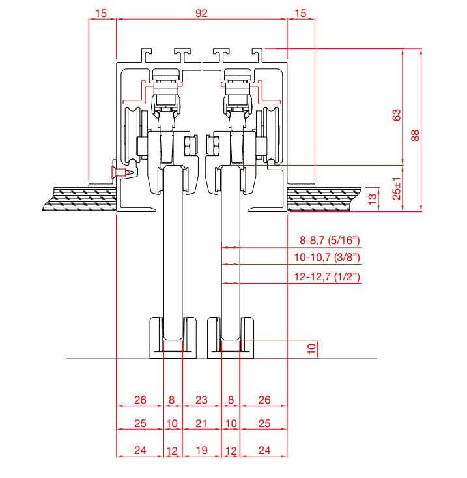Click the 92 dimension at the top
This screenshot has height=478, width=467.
point(201,13)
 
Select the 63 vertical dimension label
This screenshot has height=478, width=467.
point(396,114)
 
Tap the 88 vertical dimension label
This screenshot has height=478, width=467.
point(415,135)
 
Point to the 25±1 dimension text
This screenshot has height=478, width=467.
point(396,188)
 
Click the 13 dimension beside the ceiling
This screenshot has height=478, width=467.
point(373,199)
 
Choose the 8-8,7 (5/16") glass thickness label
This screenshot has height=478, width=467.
point(326,241)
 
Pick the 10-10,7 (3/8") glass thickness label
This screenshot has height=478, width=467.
point(326,258)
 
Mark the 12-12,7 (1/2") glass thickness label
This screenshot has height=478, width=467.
point(326,277)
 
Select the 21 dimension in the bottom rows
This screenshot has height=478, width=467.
point(201,423)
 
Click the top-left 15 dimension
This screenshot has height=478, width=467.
point(101,13)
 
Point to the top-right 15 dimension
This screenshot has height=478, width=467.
point(300,13)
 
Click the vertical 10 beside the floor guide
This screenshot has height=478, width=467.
point(311,348)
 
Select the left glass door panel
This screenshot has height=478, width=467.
point(173,261)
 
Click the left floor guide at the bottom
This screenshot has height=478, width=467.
point(173,338)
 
